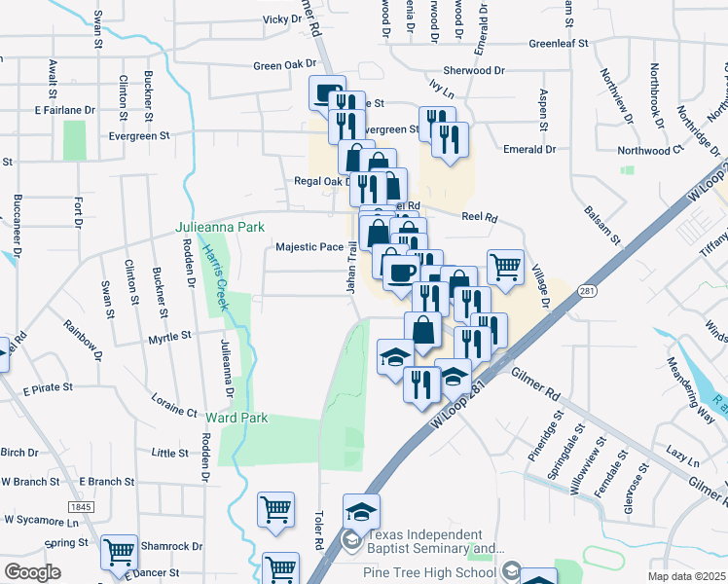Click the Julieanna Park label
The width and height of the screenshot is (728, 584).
(220, 227)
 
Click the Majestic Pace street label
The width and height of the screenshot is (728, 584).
(309, 247)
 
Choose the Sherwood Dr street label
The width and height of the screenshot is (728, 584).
(475, 71)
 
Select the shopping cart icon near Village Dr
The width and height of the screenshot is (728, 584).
(505, 266)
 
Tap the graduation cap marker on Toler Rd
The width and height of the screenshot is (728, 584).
(361, 510)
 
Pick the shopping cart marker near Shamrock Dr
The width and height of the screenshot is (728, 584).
(120, 552)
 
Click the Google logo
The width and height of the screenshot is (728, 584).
(32, 572)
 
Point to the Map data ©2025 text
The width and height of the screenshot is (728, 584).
(686, 576)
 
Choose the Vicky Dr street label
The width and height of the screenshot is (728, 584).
(283, 18)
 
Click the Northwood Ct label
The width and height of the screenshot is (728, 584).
(658, 151)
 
